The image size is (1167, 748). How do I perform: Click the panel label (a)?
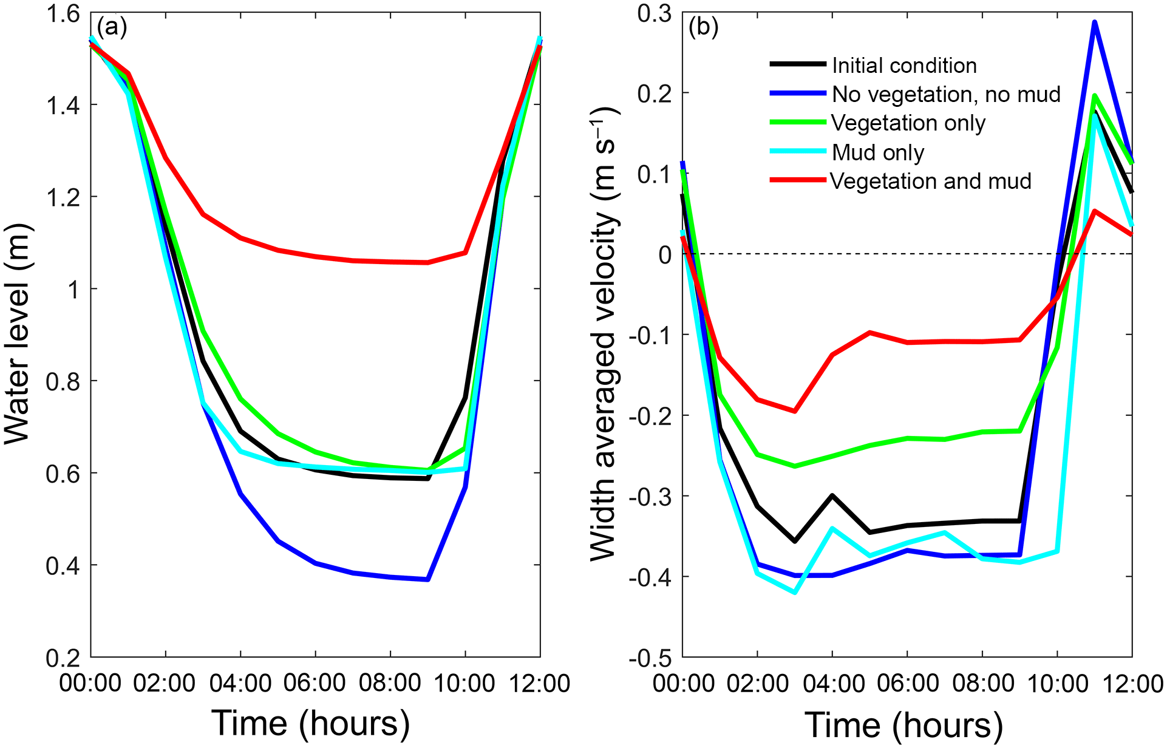pos(112,27)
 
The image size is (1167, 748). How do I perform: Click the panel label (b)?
pos(703,27)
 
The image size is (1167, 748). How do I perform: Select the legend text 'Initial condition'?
pos(904,66)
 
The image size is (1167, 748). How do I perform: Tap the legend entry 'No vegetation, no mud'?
pos(946,94)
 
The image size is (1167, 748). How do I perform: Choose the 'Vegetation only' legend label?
pos(908,123)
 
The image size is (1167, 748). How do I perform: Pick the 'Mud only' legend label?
pos(878,152)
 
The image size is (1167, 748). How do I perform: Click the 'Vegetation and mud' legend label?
pos(931,181)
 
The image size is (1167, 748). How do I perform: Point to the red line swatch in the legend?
pos(798,180)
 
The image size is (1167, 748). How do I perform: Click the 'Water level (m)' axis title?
pos(18,335)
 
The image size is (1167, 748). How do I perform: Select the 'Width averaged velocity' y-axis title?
pos(604,334)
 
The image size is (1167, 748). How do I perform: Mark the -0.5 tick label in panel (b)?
pos(650,658)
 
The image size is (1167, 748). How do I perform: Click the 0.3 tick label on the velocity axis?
pos(655,13)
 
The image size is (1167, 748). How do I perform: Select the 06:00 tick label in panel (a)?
pos(315,684)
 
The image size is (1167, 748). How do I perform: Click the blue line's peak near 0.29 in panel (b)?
pos(1095,22)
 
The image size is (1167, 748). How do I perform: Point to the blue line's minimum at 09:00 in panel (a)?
pos(428,579)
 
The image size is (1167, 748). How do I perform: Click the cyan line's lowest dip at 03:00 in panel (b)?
pos(795,592)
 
